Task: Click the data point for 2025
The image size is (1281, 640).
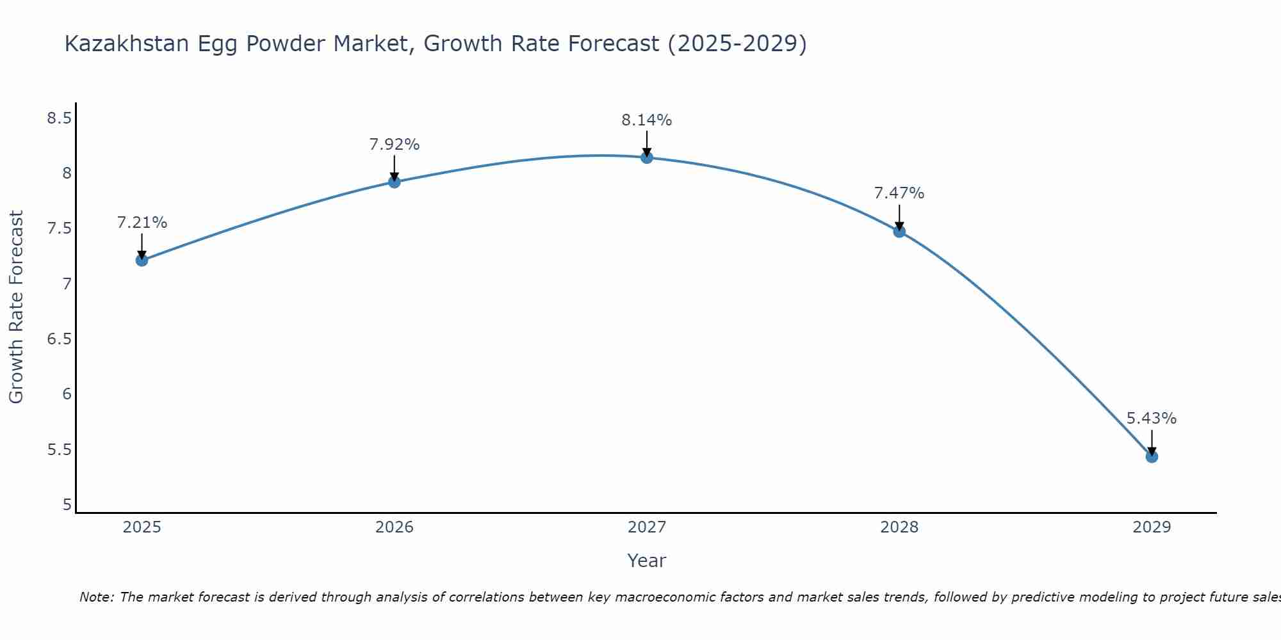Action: click(x=142, y=260)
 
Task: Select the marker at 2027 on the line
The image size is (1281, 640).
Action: click(x=647, y=157)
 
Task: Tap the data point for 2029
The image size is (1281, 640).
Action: click(x=1152, y=456)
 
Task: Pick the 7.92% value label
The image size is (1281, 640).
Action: click(x=394, y=145)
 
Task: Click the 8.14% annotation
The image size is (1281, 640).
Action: click(x=646, y=120)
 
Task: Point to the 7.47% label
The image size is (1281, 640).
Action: click(x=899, y=193)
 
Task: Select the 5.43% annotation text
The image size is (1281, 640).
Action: click(x=1151, y=419)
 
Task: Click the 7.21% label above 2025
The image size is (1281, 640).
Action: click(x=142, y=223)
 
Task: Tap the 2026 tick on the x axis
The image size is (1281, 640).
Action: click(x=394, y=527)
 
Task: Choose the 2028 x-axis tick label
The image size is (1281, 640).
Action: click(x=899, y=527)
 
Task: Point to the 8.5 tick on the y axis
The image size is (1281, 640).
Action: click(x=59, y=118)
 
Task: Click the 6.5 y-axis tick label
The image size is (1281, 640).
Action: click(x=59, y=339)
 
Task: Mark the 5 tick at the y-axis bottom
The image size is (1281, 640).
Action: click(x=67, y=505)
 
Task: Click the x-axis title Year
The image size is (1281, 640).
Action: click(x=646, y=561)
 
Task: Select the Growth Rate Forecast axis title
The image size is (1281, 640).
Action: click(x=16, y=307)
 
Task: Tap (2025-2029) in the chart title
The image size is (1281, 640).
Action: click(x=737, y=44)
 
